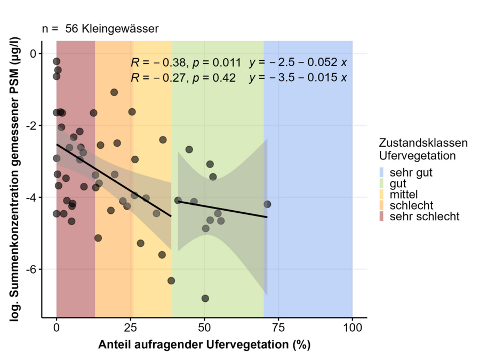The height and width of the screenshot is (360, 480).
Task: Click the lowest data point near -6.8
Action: click(x=205, y=298)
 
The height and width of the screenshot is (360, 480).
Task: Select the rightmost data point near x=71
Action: click(x=267, y=204)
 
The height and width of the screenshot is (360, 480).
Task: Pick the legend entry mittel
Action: click(x=404, y=194)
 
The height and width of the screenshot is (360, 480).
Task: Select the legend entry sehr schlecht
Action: click(x=424, y=217)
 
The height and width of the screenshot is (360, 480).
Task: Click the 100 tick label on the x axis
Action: click(x=352, y=329)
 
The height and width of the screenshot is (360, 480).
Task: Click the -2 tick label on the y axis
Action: click(x=32, y=125)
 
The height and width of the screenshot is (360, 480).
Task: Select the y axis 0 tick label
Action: click(x=34, y=53)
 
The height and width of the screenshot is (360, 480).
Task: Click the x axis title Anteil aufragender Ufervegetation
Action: click(x=204, y=345)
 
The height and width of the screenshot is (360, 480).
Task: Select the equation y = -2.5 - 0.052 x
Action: click(x=298, y=63)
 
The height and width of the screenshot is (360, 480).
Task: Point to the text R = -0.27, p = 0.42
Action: click(x=183, y=78)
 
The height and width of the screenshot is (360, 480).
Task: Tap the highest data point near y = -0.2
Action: click(x=57, y=61)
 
